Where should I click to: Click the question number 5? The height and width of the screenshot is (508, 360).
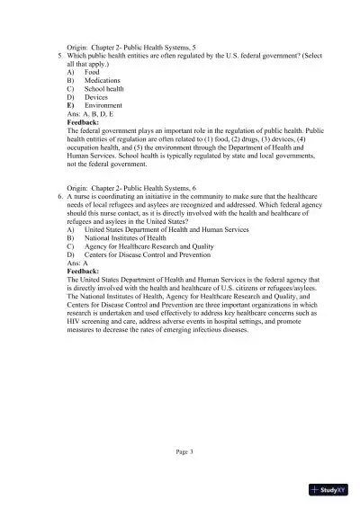[x=58, y=56]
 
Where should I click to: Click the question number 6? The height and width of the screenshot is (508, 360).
[x=58, y=194]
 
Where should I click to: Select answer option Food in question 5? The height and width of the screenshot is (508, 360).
[x=92, y=73]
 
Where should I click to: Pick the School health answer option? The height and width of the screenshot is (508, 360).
[x=105, y=90]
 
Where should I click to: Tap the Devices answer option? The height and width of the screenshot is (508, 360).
[x=96, y=98]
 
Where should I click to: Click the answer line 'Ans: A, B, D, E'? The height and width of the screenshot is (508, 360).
[x=95, y=114]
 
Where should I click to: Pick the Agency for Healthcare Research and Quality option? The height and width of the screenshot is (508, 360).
[x=148, y=245]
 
